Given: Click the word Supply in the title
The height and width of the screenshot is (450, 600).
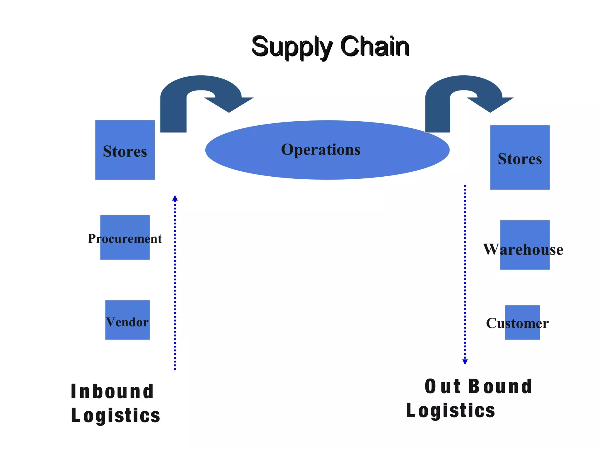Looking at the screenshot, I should [x=292, y=47].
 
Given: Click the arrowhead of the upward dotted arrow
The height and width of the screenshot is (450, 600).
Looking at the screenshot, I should [x=175, y=198].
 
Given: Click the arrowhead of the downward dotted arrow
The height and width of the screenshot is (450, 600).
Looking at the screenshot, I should [x=465, y=362].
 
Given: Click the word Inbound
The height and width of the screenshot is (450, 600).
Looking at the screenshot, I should [x=112, y=392].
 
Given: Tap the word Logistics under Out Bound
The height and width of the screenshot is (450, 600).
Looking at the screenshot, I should [x=450, y=411].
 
